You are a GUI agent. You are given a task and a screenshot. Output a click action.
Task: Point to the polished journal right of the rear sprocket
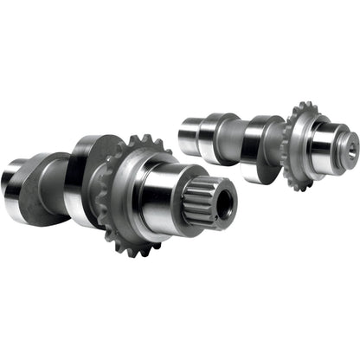pyautogui.click(x=325, y=145)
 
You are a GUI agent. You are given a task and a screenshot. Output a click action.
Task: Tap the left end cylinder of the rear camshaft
pyautogui.click(x=190, y=134)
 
